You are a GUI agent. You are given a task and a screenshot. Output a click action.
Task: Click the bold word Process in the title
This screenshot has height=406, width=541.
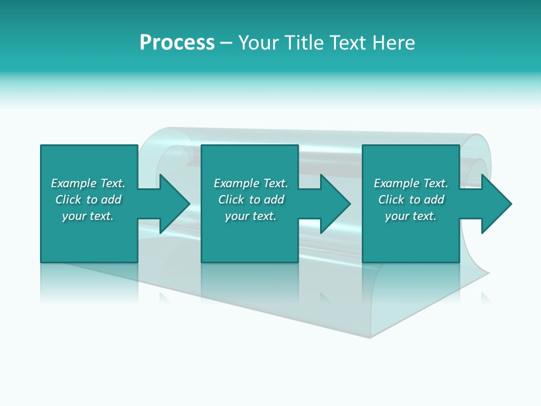(177, 43)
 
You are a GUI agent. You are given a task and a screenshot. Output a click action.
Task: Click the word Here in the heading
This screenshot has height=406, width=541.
(393, 43)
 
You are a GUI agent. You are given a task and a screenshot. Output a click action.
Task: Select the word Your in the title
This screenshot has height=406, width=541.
(259, 43)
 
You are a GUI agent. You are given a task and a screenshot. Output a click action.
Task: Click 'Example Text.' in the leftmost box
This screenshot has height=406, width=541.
(88, 183)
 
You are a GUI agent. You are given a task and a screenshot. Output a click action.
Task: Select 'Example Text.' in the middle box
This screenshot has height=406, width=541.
(251, 183)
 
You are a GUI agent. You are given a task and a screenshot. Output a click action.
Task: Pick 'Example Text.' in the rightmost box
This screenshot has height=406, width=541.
(411, 183)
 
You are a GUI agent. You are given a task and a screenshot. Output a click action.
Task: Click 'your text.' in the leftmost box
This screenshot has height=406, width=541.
(88, 216)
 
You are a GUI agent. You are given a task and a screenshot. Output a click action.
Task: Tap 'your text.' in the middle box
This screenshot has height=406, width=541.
(251, 216)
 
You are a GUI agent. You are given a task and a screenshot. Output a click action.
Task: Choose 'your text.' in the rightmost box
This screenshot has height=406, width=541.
(411, 216)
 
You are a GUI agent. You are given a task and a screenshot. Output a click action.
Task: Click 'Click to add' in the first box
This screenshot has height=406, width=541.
(88, 200)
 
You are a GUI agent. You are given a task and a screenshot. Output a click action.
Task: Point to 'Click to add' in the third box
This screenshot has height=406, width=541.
(411, 200)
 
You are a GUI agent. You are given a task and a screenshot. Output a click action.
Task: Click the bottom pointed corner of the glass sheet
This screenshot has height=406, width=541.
(369, 337)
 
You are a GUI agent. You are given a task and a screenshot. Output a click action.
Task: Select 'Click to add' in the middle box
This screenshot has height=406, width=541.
(251, 200)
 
